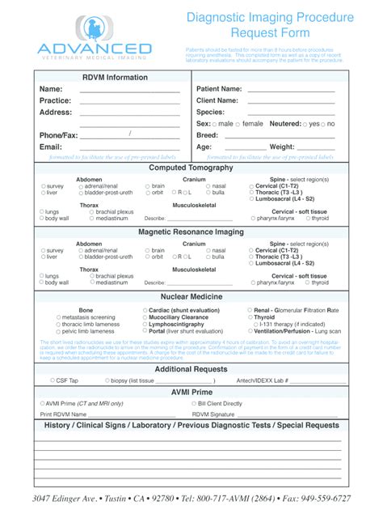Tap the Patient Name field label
pos(219,89)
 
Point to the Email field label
pos(51,147)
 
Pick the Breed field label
pos(208,136)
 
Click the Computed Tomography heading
pos(191,168)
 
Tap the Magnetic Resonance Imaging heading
pos(191,232)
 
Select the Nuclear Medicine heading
pos(191,298)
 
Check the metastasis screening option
pos(56,317)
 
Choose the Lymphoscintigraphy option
pos(145,324)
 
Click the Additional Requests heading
pos(191,369)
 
